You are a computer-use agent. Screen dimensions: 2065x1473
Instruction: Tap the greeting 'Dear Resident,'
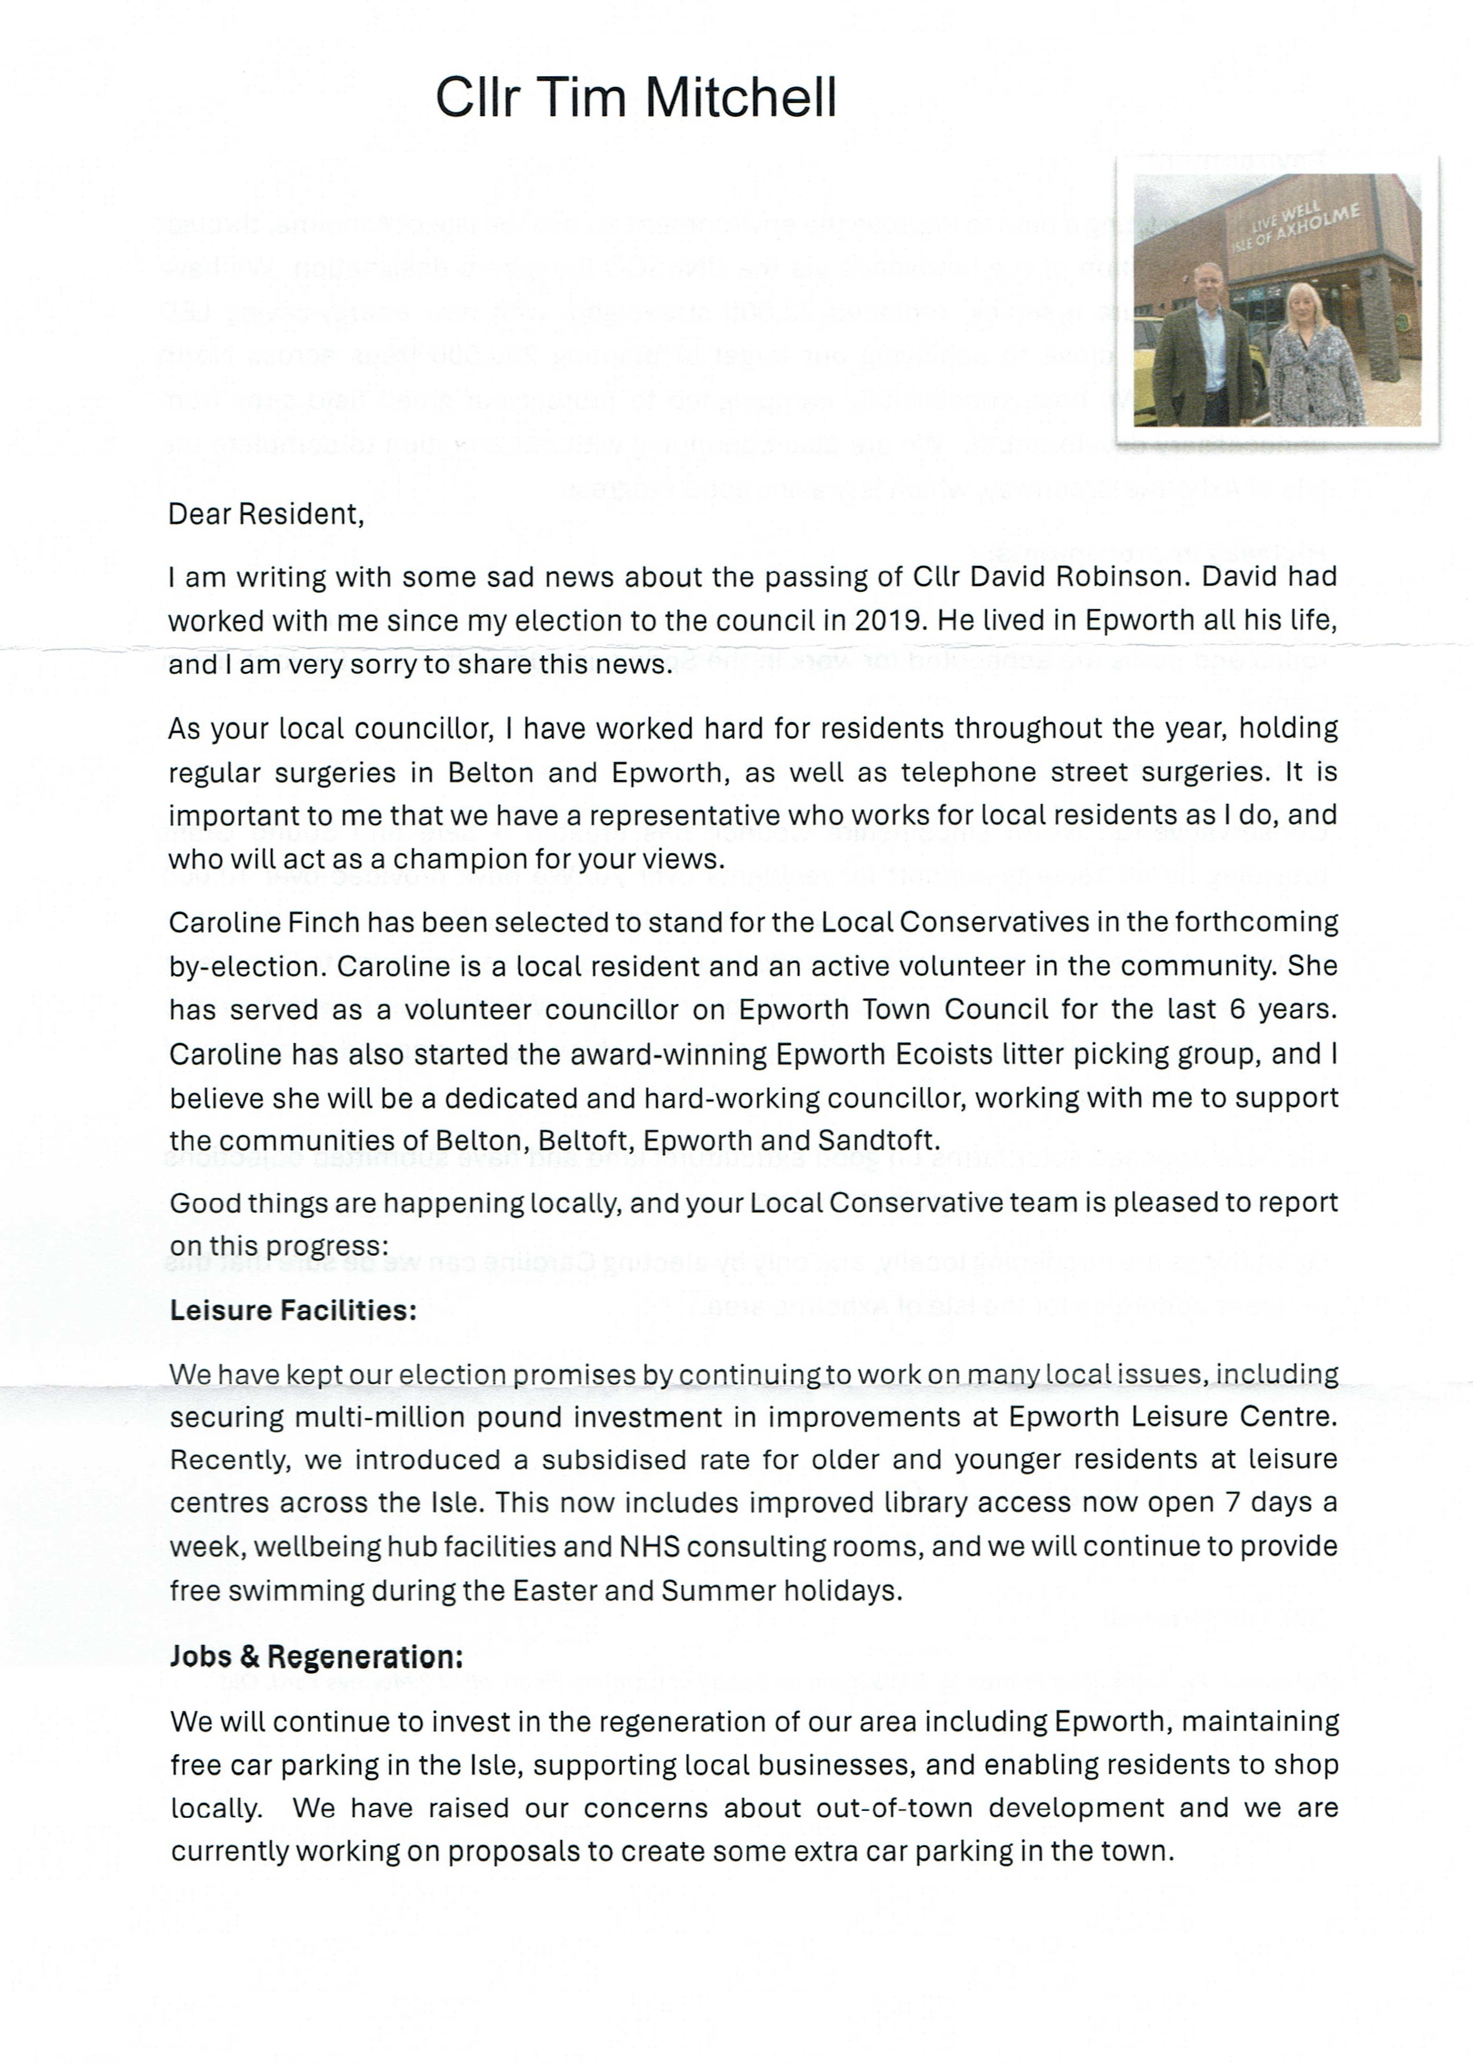point(266,514)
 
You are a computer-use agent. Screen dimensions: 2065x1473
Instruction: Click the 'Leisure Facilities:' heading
point(293,1311)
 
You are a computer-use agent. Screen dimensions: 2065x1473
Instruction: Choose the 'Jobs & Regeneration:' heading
point(317,1656)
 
